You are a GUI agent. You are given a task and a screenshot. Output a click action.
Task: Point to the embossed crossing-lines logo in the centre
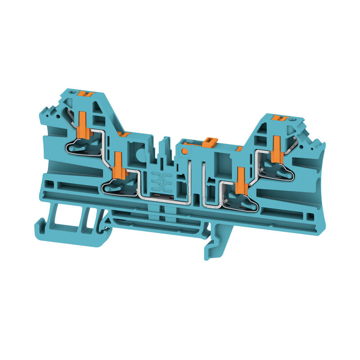point(158,179)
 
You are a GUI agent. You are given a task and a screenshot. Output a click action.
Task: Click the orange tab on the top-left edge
point(85,94)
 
